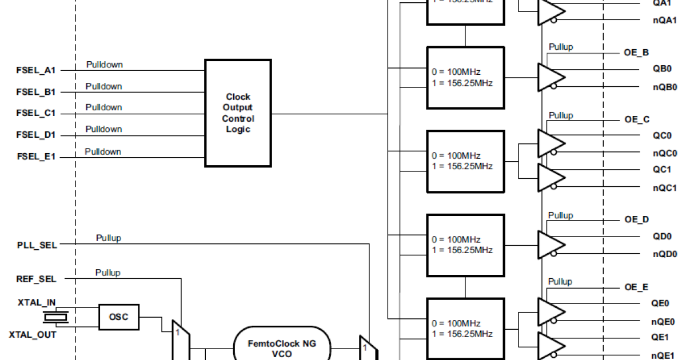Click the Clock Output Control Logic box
(x=238, y=113)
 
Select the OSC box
(x=118, y=317)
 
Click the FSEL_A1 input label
(x=35, y=70)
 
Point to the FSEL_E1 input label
(x=35, y=156)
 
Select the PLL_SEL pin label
(x=37, y=245)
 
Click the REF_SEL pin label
(x=37, y=279)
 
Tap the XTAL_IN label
(x=36, y=302)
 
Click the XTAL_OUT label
(x=33, y=334)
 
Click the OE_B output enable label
(x=636, y=53)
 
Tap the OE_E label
(x=636, y=287)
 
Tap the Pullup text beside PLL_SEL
(x=109, y=238)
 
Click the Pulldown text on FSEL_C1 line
(x=104, y=107)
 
